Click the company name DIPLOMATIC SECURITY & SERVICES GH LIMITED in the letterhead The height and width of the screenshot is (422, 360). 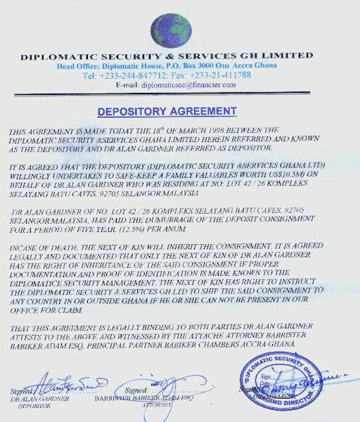point(167,55)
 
